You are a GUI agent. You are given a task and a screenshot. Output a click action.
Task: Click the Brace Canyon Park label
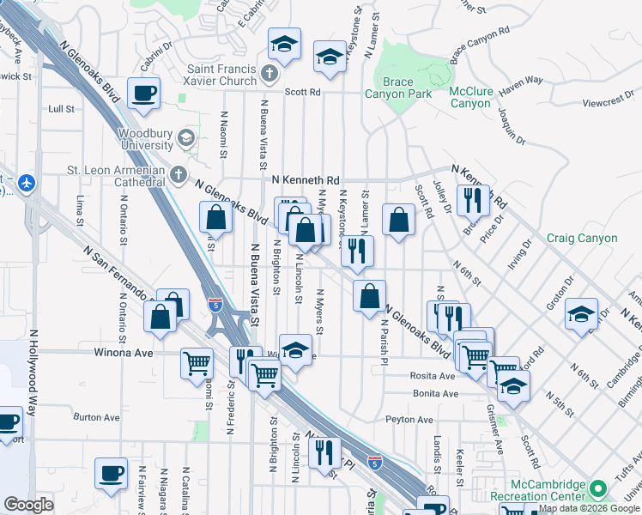coord(397,88)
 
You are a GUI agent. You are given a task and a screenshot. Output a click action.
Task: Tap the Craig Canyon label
coord(582,238)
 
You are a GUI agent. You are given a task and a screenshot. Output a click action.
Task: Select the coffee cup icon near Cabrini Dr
coord(144,93)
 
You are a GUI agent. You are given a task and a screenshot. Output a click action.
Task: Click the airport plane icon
coord(27,183)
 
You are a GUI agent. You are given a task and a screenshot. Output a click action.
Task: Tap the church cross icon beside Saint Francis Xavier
coord(269,74)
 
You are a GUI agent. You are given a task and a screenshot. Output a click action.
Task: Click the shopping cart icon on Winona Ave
coord(197,363)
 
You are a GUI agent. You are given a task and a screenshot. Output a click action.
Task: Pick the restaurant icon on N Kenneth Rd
coord(473,201)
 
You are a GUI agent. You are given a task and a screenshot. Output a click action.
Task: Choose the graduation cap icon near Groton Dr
coord(581,314)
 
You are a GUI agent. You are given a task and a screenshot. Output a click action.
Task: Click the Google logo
coord(29,505)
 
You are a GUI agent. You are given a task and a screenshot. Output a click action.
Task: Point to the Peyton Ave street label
coord(409,420)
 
